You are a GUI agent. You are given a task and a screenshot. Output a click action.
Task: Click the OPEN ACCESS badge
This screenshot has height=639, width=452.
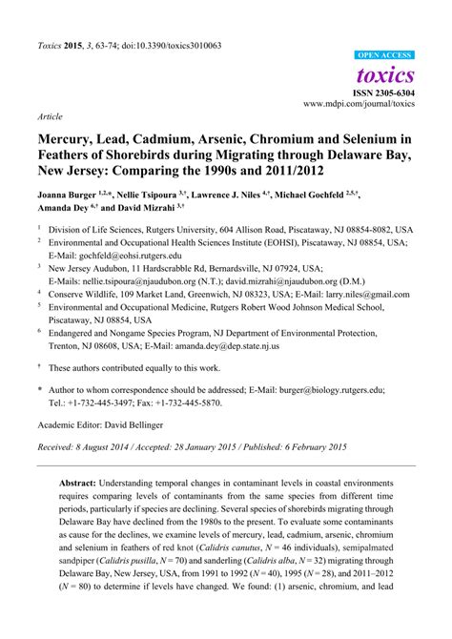tap(384, 56)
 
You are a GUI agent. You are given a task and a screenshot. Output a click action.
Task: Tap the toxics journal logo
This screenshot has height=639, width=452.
tap(385, 74)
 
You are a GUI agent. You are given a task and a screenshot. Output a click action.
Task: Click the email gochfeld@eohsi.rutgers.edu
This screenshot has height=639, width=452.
tap(113, 270)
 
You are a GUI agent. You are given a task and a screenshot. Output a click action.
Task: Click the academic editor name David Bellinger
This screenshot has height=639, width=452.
tap(144, 424)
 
